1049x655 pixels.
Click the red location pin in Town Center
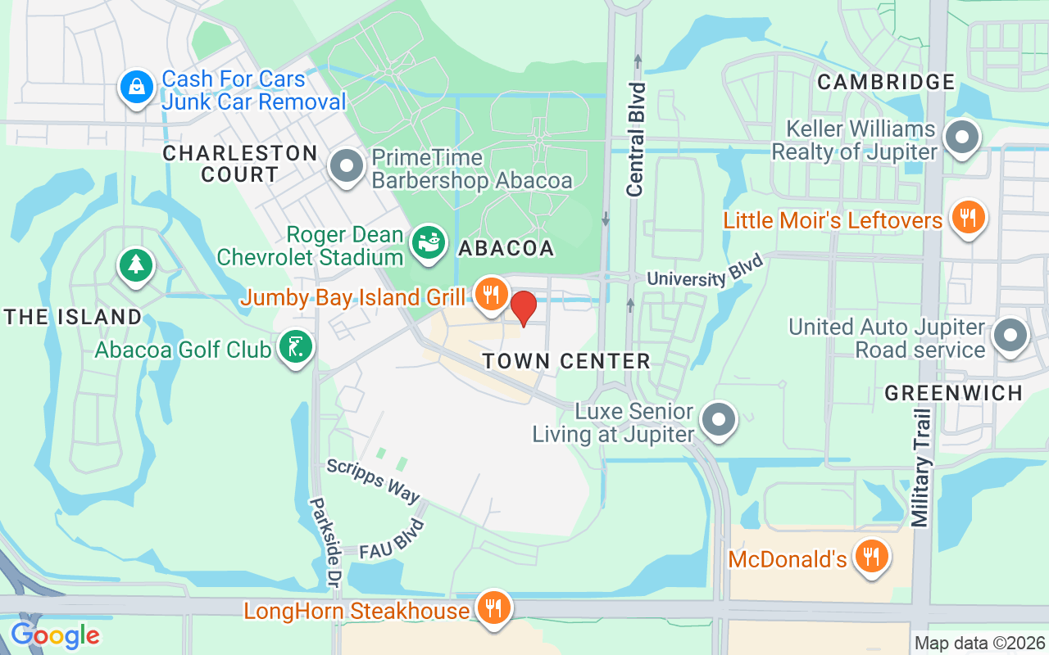pos(524,308)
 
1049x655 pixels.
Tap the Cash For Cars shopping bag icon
pos(136,88)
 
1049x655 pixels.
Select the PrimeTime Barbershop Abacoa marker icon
pos(347,166)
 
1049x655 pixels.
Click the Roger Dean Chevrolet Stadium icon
pos(428,243)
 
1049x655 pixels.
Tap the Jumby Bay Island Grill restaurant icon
pos(491,294)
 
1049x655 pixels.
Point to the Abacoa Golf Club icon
pos(295,348)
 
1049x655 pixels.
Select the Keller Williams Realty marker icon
pos(962,138)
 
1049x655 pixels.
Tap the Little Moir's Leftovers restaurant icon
pos(968,218)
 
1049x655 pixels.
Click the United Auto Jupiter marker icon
pos(1010,336)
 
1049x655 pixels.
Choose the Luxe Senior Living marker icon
pos(720,419)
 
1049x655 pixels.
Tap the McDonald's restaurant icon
pos(871,557)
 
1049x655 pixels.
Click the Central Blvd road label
pos(636,139)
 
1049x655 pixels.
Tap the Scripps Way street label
pos(373,481)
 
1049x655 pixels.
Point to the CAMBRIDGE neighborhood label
pos(886,82)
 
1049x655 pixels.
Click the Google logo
pos(55,635)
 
